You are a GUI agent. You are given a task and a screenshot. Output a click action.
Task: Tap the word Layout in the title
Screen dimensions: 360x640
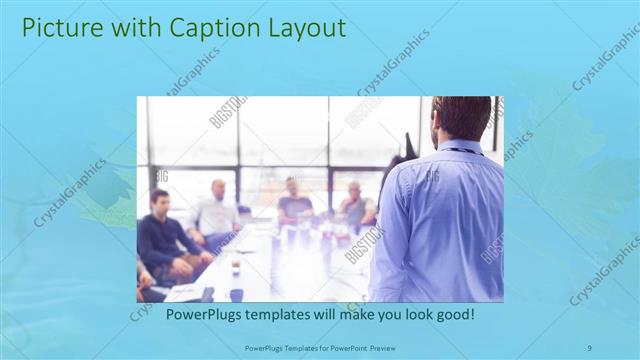299,27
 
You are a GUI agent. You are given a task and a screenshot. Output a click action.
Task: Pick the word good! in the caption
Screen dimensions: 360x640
452,314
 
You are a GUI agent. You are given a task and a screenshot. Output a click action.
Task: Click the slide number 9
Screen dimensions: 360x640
590,347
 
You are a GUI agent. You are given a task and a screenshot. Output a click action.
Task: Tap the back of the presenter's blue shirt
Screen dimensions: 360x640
440,220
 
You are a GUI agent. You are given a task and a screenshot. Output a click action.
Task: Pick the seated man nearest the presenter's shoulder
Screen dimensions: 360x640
355,205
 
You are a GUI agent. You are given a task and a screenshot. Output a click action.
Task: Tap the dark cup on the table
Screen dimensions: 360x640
236,294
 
